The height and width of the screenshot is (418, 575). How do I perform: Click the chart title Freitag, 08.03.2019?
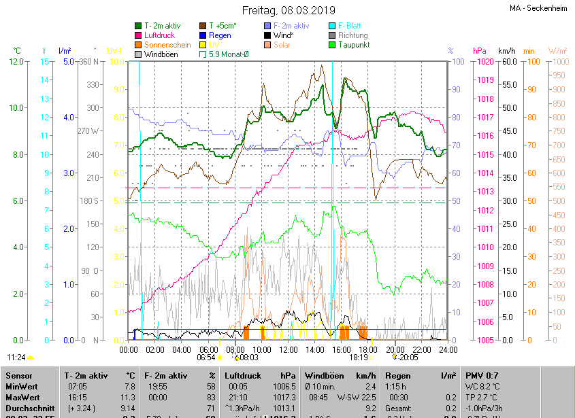point(289,10)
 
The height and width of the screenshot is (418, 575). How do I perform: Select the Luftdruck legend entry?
point(161,35)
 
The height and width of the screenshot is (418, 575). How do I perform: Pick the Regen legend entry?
point(219,35)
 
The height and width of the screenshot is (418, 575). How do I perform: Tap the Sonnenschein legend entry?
point(167,45)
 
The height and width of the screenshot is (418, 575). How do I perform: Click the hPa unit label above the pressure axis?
point(480,51)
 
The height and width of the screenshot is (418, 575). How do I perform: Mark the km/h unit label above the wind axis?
point(507,51)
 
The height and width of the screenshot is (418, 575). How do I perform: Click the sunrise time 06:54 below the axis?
point(206,357)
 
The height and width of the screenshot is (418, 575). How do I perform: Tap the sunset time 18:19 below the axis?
point(359,357)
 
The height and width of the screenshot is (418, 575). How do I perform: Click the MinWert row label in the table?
point(22,386)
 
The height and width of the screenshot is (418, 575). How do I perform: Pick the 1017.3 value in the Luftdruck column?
point(280,397)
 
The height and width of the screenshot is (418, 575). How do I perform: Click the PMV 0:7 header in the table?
point(482,375)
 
